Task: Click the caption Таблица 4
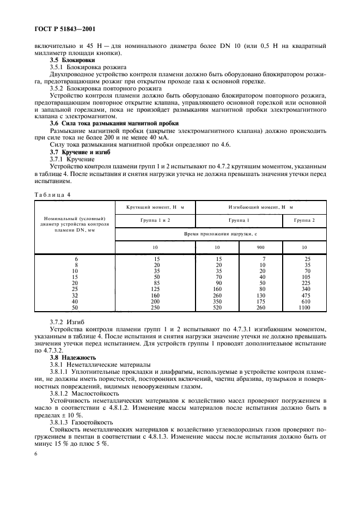point(53,194)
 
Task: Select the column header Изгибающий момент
point(260,208)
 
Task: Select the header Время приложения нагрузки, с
point(221,233)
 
